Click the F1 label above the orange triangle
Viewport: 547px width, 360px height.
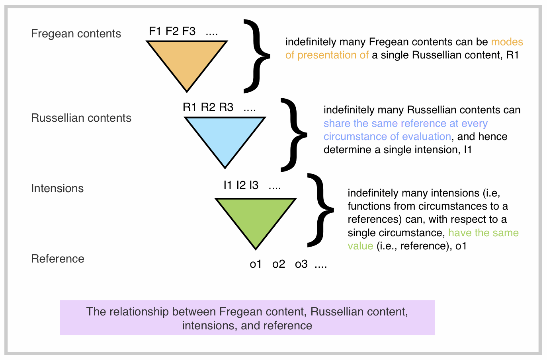[x=155, y=31]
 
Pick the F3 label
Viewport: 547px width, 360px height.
[x=189, y=31]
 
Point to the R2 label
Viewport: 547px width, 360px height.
[x=208, y=107]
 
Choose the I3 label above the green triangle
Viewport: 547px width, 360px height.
[x=254, y=185]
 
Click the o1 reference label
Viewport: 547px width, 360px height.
[x=256, y=264]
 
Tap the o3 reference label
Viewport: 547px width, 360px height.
[x=301, y=264]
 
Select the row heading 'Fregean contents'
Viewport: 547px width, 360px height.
[x=76, y=33]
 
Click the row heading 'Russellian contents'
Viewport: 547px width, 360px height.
[x=81, y=118]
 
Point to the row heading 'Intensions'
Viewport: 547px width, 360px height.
[x=57, y=188]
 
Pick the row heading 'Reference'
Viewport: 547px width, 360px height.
[x=58, y=259]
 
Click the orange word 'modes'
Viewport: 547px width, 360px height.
[x=507, y=42]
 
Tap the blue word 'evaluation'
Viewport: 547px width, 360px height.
[x=426, y=136]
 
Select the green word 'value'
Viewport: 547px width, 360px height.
[x=360, y=246]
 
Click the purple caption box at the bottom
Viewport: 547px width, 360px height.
[x=247, y=318]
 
